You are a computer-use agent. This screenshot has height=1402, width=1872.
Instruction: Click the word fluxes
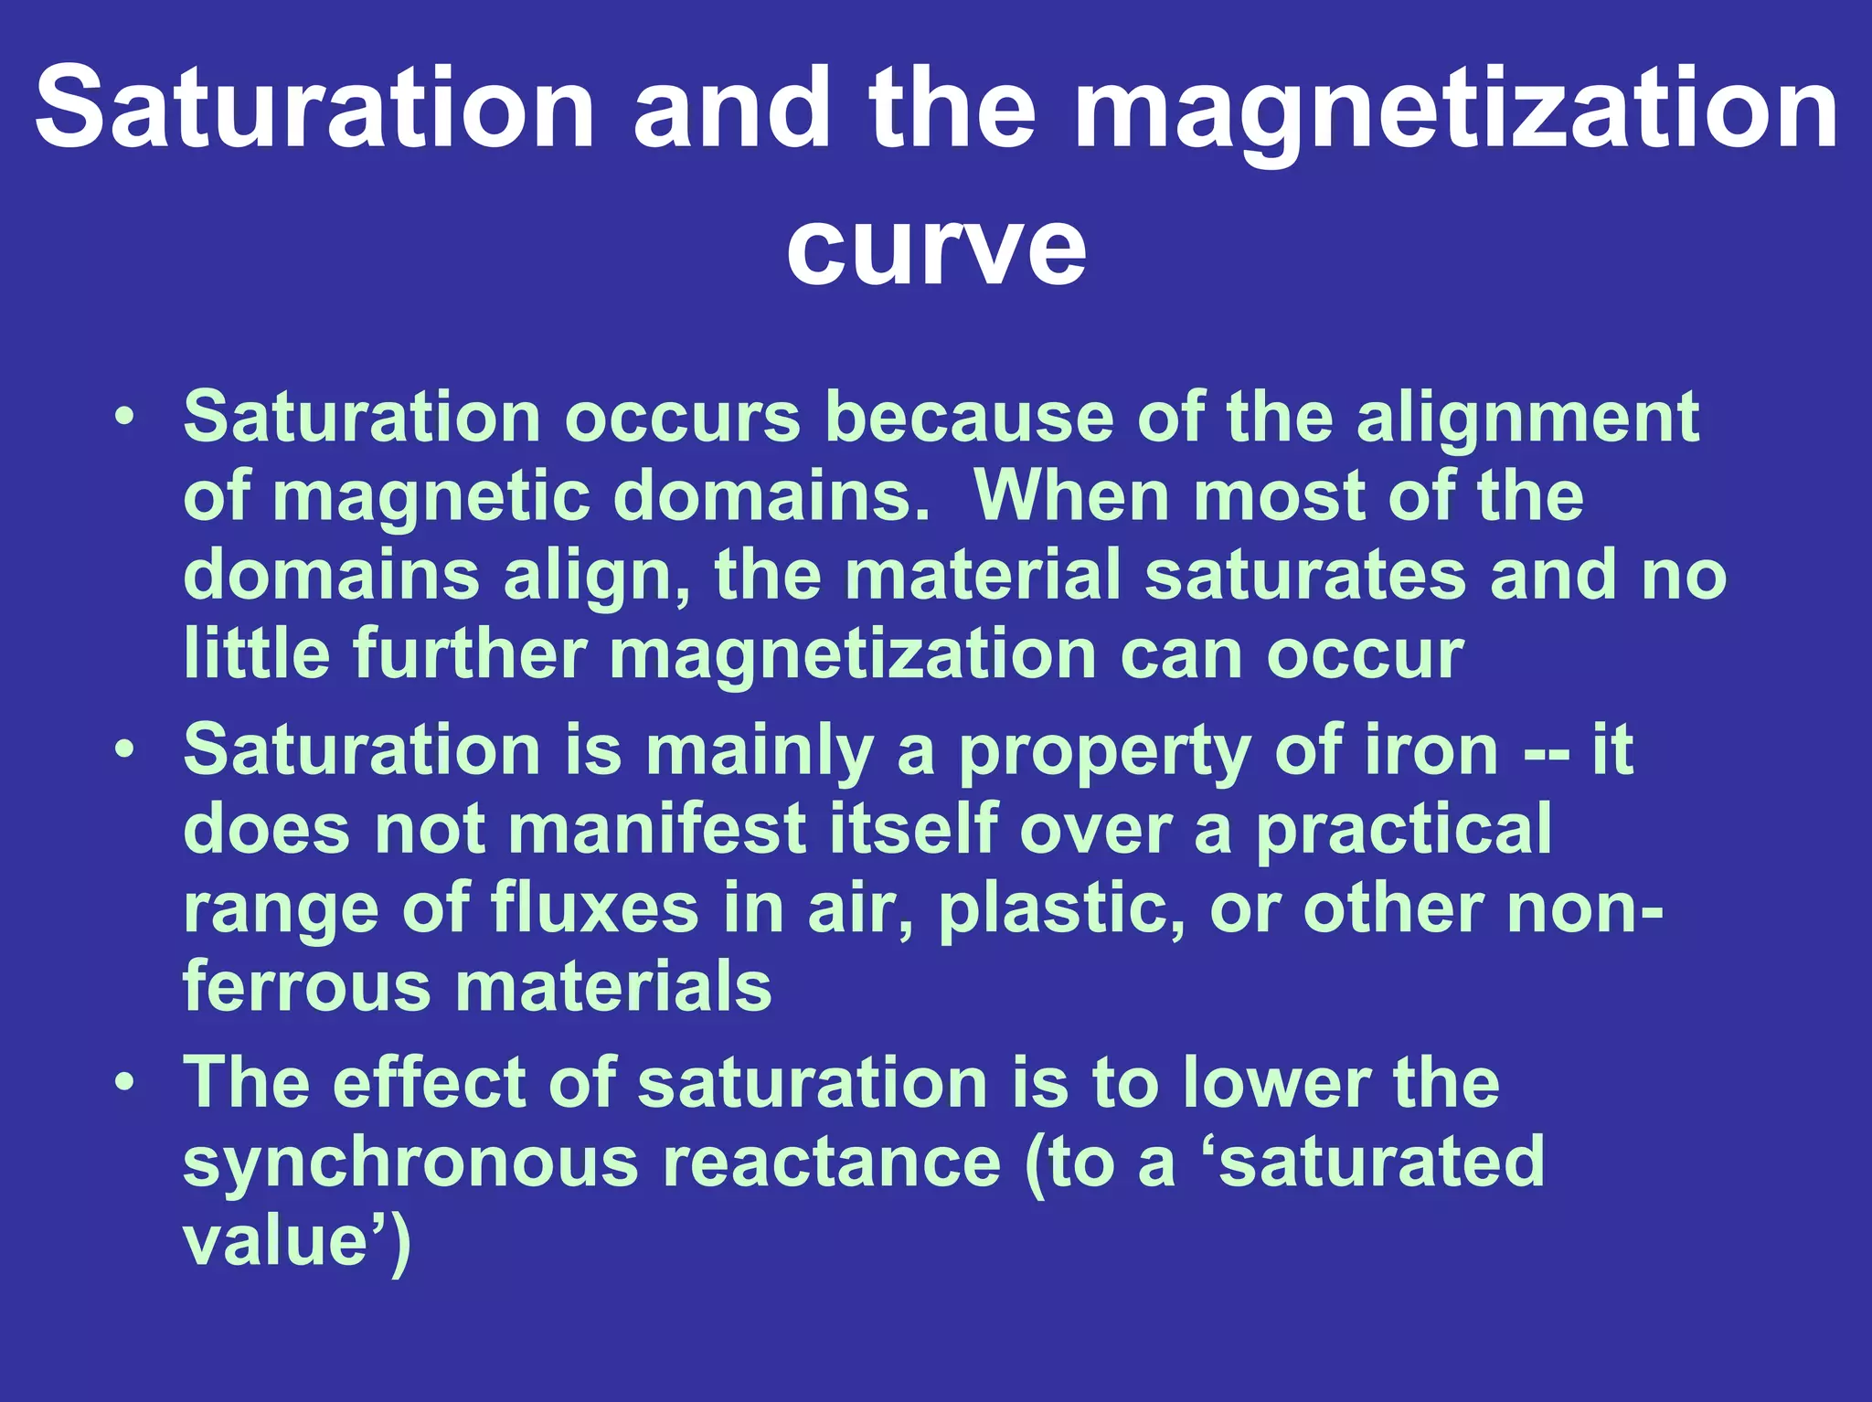click(x=594, y=909)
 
